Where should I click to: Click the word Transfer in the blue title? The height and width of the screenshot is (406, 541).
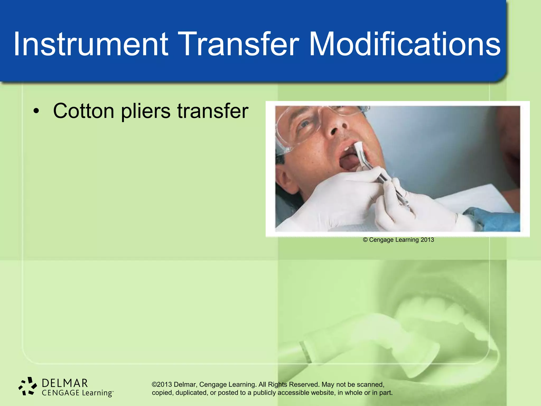(x=239, y=44)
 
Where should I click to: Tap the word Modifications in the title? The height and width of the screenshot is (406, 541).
(x=404, y=44)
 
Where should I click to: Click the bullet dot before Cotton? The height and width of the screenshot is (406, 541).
(x=36, y=111)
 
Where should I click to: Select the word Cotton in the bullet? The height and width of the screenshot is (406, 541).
(x=84, y=111)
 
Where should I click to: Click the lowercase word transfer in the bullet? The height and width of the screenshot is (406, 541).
(x=213, y=111)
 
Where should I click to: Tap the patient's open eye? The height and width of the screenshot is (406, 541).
(x=305, y=124)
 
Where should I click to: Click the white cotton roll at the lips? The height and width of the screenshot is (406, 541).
(x=358, y=148)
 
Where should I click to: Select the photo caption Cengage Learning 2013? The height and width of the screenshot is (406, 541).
(x=398, y=240)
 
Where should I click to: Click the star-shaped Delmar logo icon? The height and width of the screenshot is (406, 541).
(x=28, y=386)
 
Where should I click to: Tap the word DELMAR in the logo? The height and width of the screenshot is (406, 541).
(x=65, y=383)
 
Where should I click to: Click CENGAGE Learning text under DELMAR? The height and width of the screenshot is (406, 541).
(x=77, y=393)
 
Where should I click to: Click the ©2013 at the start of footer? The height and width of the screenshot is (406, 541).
(x=162, y=384)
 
